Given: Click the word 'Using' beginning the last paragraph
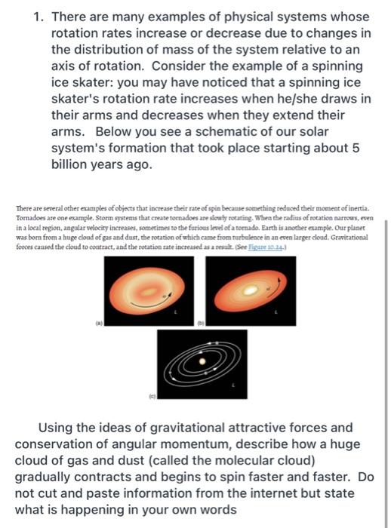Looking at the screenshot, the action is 65,428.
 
